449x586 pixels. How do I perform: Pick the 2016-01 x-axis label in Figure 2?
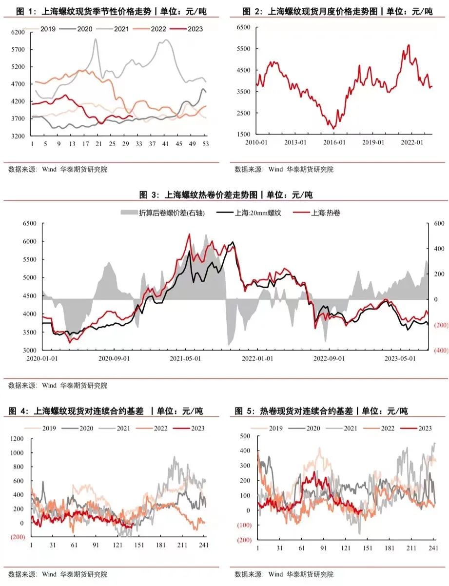coord(333,142)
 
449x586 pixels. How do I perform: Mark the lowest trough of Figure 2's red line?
coord(333,129)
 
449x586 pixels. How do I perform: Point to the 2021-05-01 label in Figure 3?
coord(186,358)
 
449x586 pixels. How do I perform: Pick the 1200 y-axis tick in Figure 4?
coord(16,439)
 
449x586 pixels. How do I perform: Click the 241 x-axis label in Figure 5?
coord(433,548)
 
